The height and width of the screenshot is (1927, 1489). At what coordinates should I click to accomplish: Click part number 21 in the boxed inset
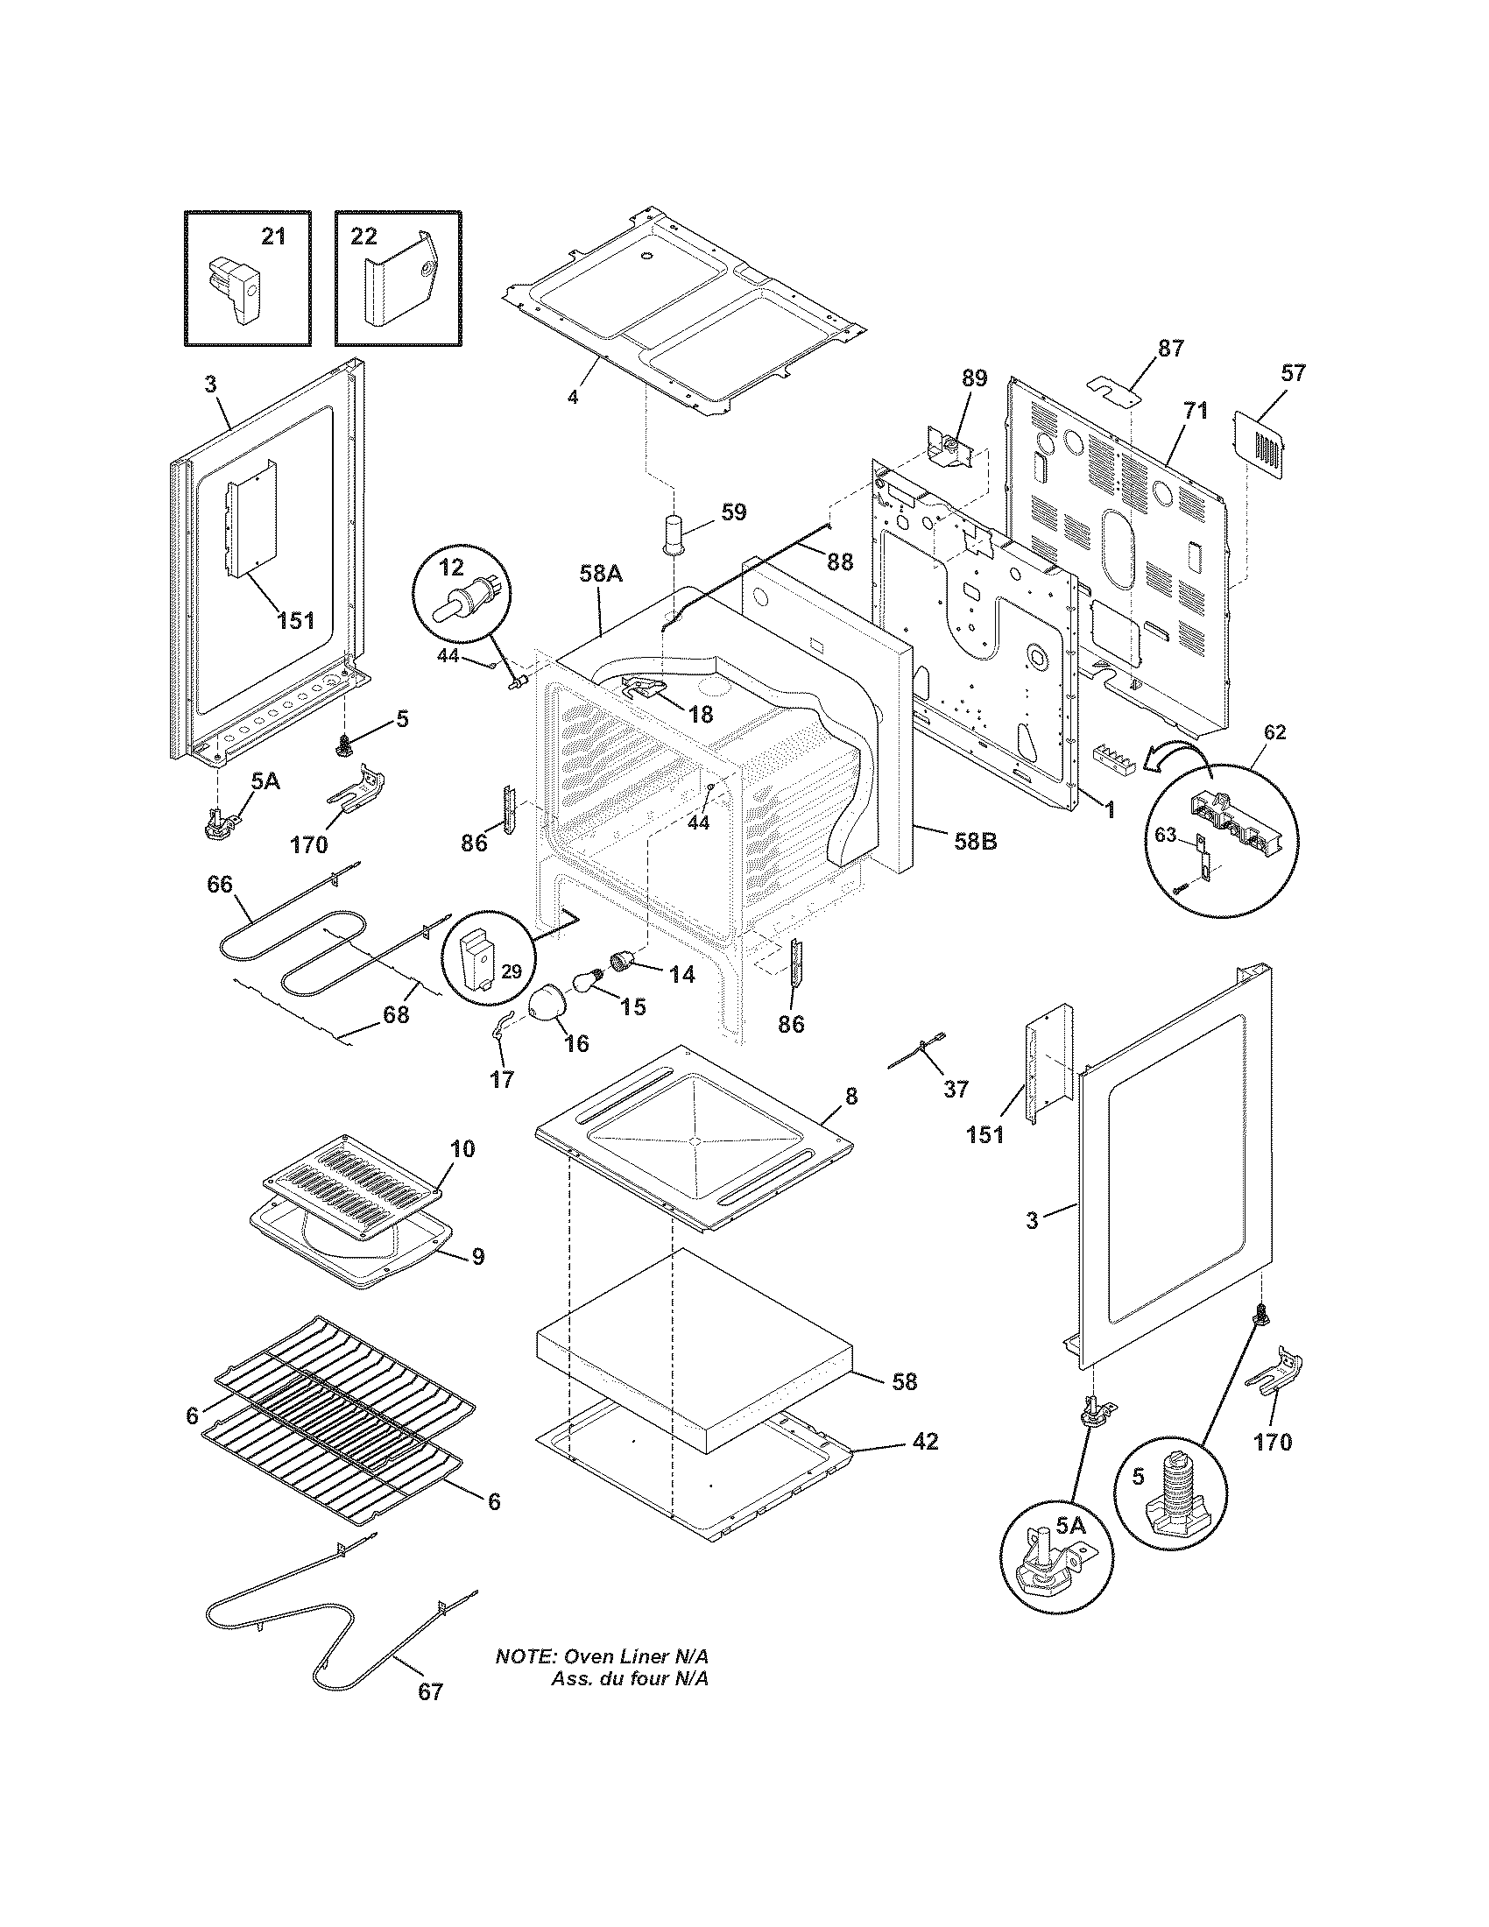[273, 236]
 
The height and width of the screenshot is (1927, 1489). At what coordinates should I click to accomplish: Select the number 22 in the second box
[363, 236]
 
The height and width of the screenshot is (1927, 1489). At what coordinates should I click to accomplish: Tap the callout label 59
[733, 512]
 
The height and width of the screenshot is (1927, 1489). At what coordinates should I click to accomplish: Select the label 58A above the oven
[602, 574]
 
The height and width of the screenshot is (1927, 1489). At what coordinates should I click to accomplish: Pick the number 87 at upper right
[1170, 348]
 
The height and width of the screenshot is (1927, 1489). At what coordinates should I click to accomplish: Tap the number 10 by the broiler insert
[462, 1148]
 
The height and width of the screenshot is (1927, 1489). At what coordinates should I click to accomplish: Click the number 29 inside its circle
[512, 971]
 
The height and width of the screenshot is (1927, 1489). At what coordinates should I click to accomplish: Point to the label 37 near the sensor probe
[956, 1089]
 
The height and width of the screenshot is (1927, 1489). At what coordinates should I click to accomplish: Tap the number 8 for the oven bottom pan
[850, 1096]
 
